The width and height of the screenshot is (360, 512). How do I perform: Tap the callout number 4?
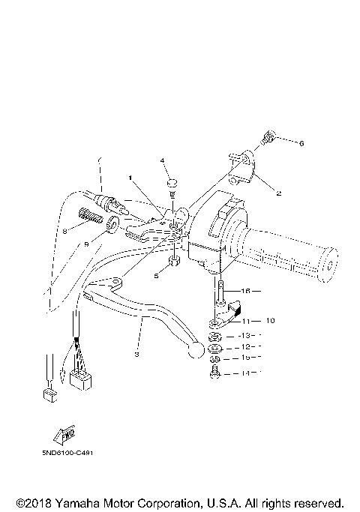tap(161, 161)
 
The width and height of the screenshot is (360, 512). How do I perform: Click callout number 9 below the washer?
tap(85, 244)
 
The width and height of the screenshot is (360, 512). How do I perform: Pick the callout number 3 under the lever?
tap(137, 354)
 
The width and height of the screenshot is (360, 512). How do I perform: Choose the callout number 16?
tap(245, 291)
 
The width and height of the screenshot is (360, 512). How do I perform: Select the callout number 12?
tap(245, 347)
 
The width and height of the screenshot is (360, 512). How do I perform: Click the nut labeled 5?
tap(173, 262)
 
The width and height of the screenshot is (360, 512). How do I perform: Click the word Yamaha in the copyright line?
tap(70, 502)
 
